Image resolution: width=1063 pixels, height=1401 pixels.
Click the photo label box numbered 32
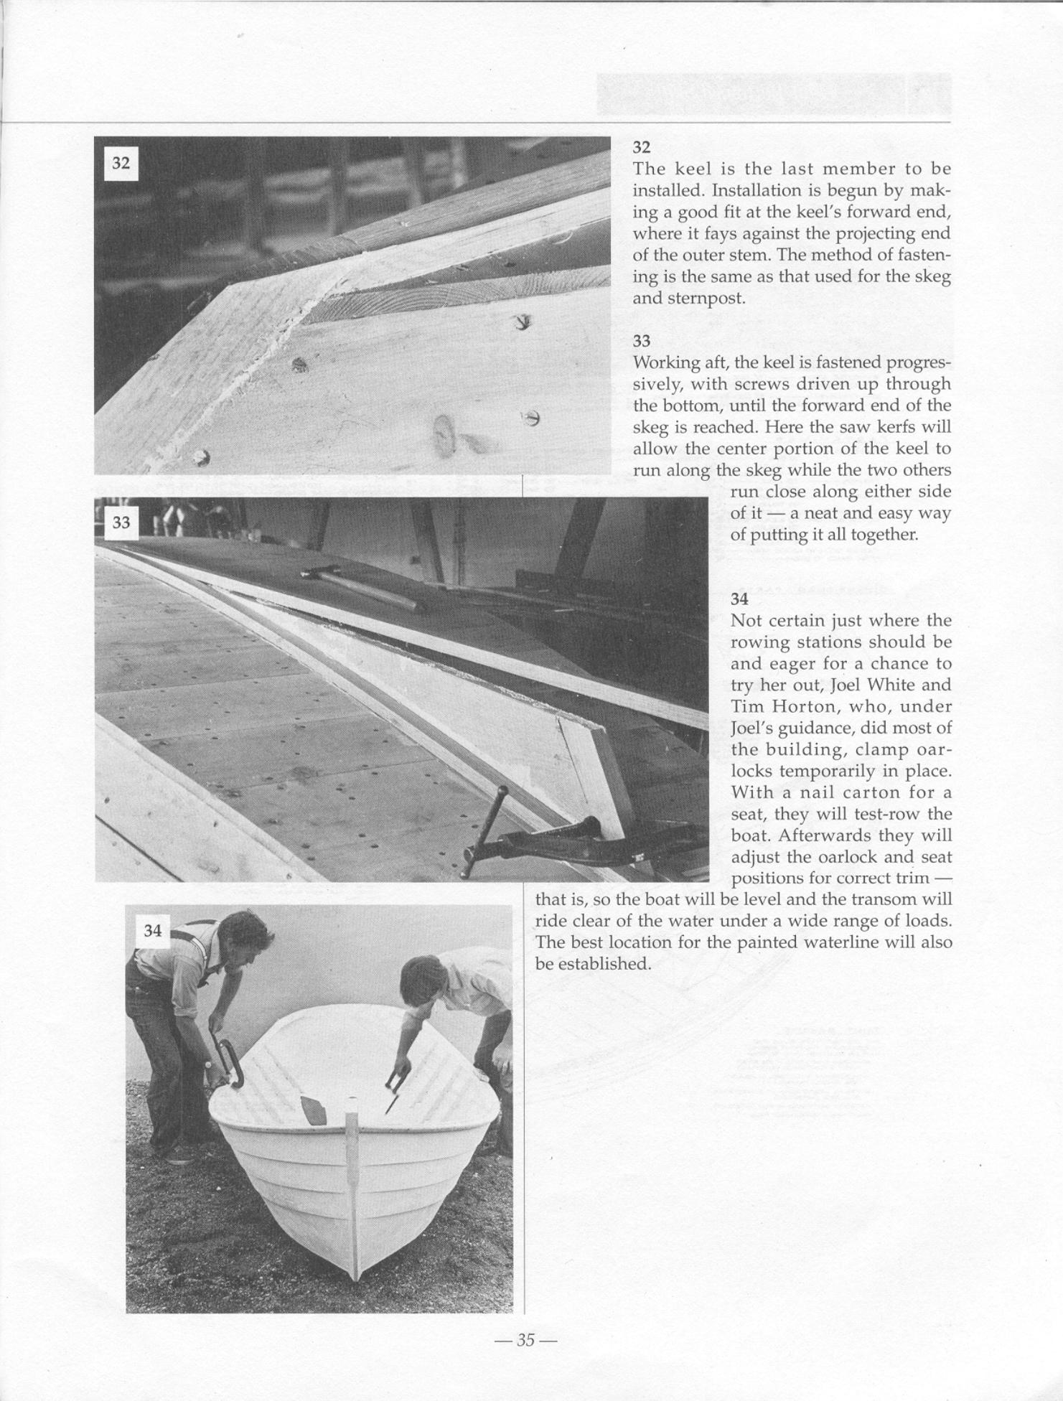[x=121, y=163]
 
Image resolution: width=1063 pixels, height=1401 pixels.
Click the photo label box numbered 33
[x=121, y=523]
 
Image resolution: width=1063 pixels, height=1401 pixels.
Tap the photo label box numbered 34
[x=152, y=931]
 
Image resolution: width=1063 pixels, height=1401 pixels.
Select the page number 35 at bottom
[x=526, y=1339]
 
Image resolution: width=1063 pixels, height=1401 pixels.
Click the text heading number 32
[x=641, y=148]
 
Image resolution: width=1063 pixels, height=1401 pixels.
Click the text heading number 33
[x=641, y=341]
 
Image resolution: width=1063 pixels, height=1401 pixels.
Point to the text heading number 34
[x=739, y=599]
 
